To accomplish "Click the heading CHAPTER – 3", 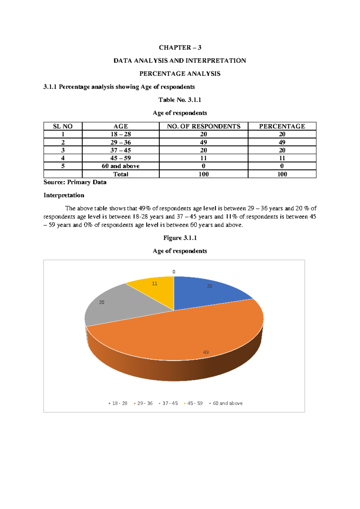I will click(180, 47).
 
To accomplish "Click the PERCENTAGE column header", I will click(282, 126).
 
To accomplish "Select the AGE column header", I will click(121, 126).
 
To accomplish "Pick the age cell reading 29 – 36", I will click(121, 142).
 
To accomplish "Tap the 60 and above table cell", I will click(121, 166).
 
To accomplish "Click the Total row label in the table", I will click(121, 174).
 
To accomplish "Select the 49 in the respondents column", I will click(203, 142).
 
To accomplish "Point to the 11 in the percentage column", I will click(282, 158).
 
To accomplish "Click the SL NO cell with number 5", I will click(63, 166).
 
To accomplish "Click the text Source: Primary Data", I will click(75, 182).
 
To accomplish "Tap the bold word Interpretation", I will click(64, 195).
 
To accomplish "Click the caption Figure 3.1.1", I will click(180, 238).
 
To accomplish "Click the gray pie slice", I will click(120, 306).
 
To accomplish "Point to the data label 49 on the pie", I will click(206, 352).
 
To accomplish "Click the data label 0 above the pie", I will click(174, 272).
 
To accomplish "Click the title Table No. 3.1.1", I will click(180, 100).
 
